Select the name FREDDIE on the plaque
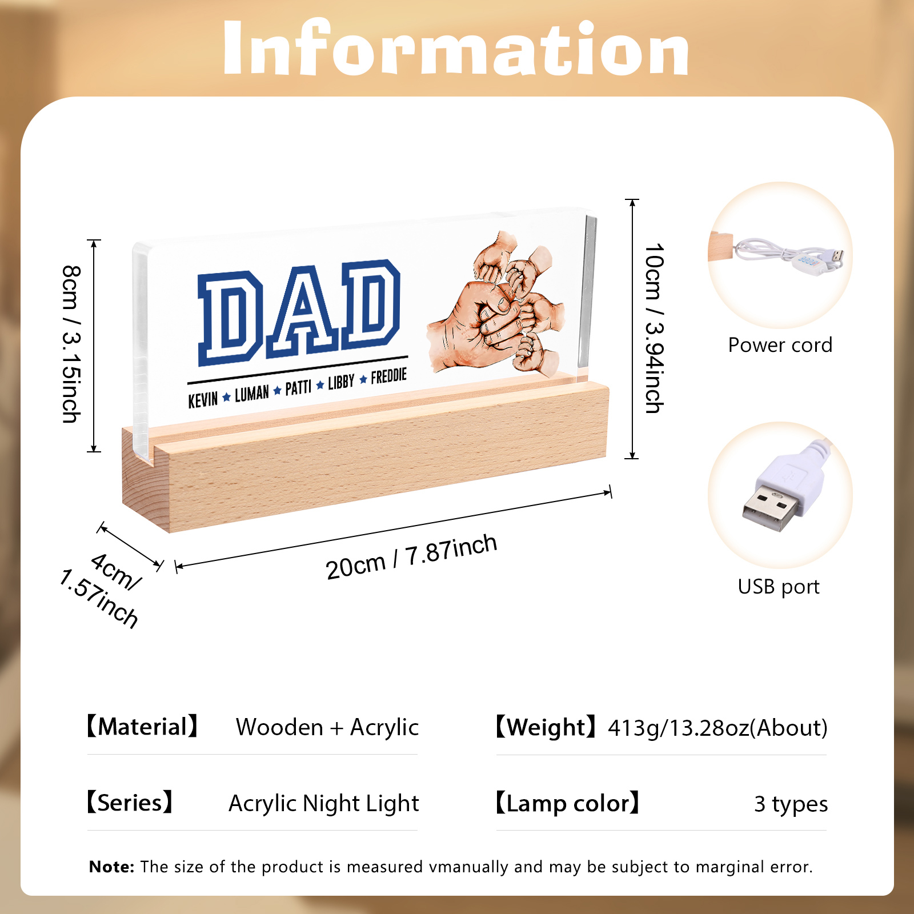[389, 376]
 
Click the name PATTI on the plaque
[298, 388]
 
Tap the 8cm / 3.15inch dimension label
[71, 344]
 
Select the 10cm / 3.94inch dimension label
[654, 328]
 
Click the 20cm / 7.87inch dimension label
[411, 557]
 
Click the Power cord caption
[780, 345]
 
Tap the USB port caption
[779, 587]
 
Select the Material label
[142, 727]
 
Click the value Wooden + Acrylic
[327, 727]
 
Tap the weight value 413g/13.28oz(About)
[717, 728]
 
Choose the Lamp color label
[567, 803]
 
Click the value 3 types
[791, 804]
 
